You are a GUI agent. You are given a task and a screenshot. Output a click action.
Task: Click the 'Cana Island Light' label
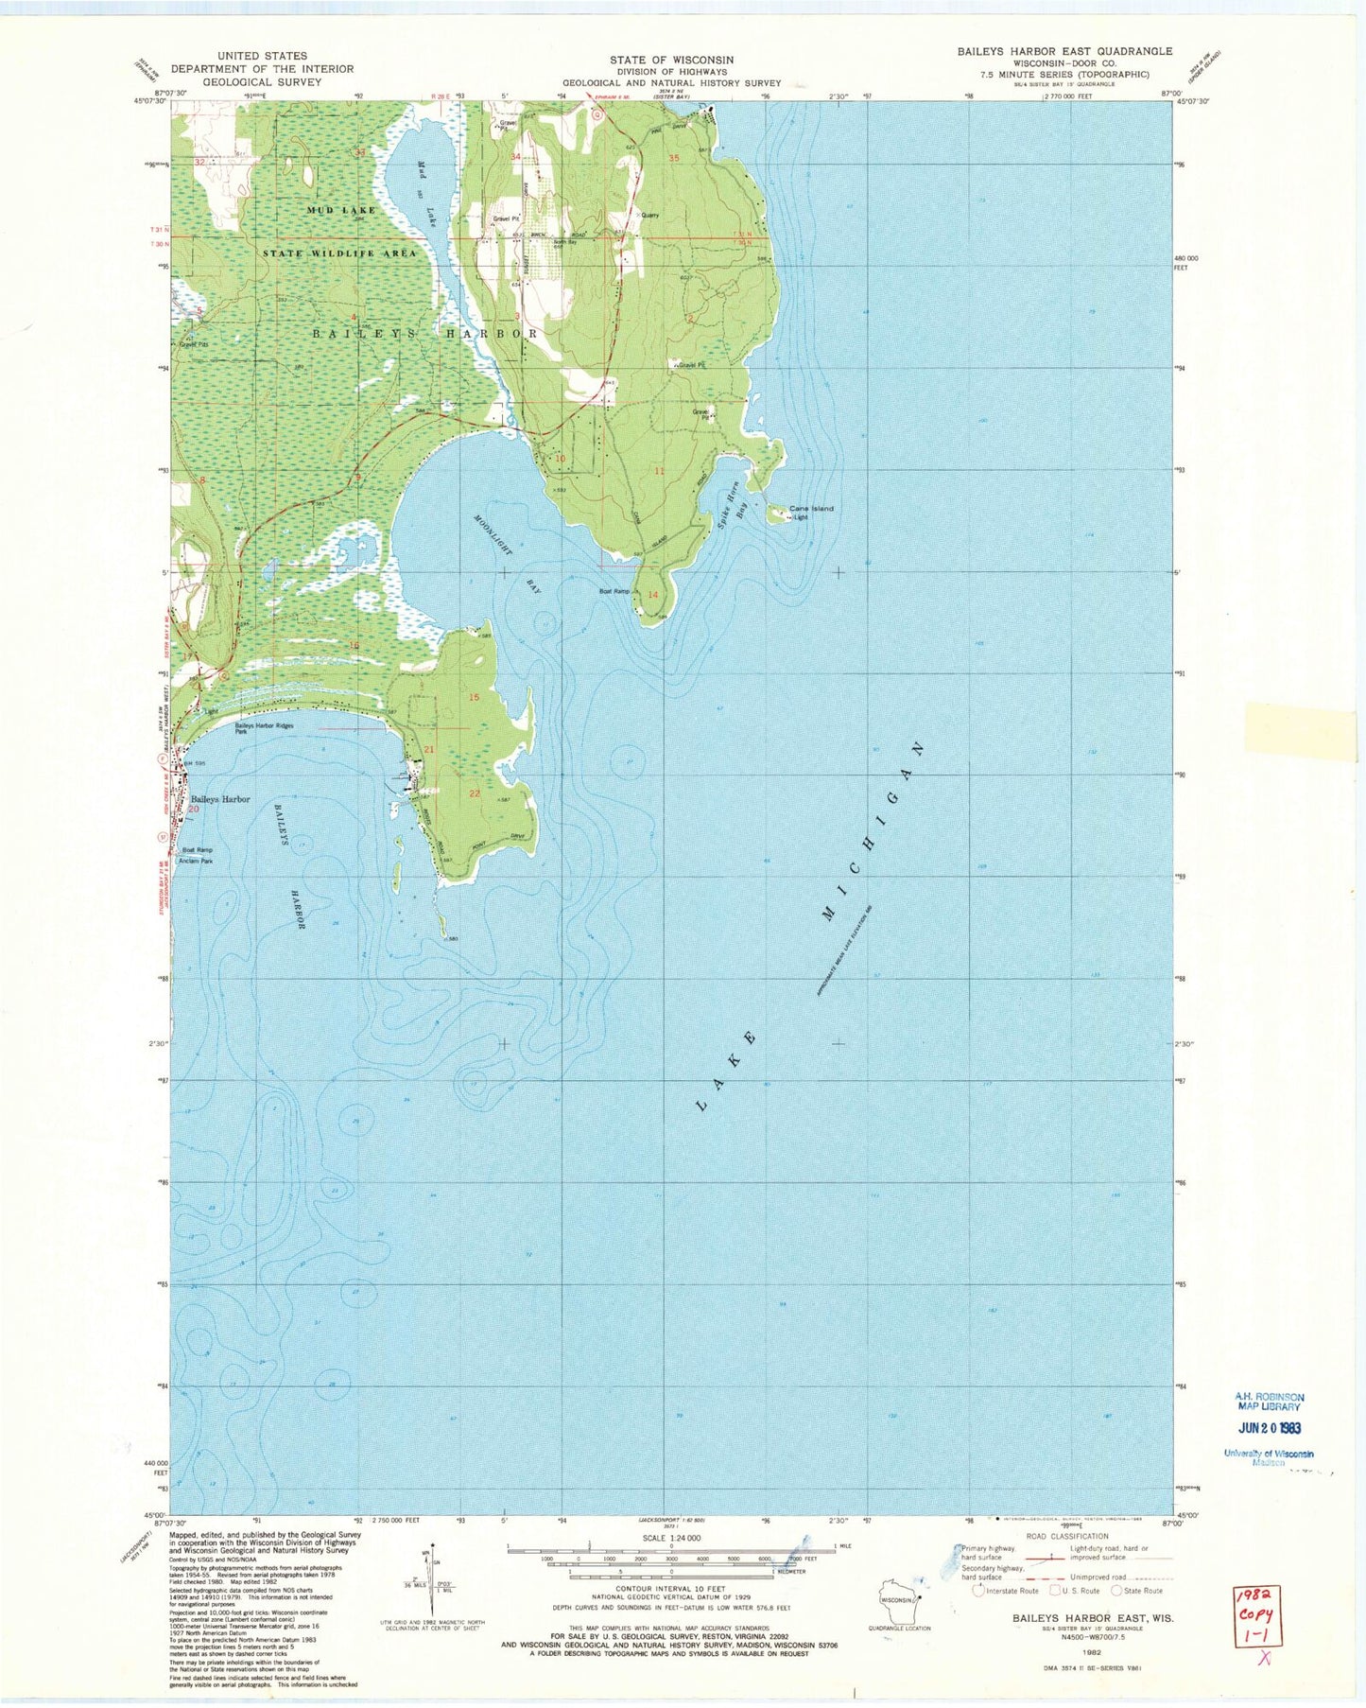[812, 513]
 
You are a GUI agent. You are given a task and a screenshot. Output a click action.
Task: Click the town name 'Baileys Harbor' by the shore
[220, 799]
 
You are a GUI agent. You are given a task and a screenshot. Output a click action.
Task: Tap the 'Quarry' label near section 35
[648, 216]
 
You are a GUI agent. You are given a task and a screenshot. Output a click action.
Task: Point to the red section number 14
[653, 595]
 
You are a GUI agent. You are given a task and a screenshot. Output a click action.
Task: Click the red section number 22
[475, 793]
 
